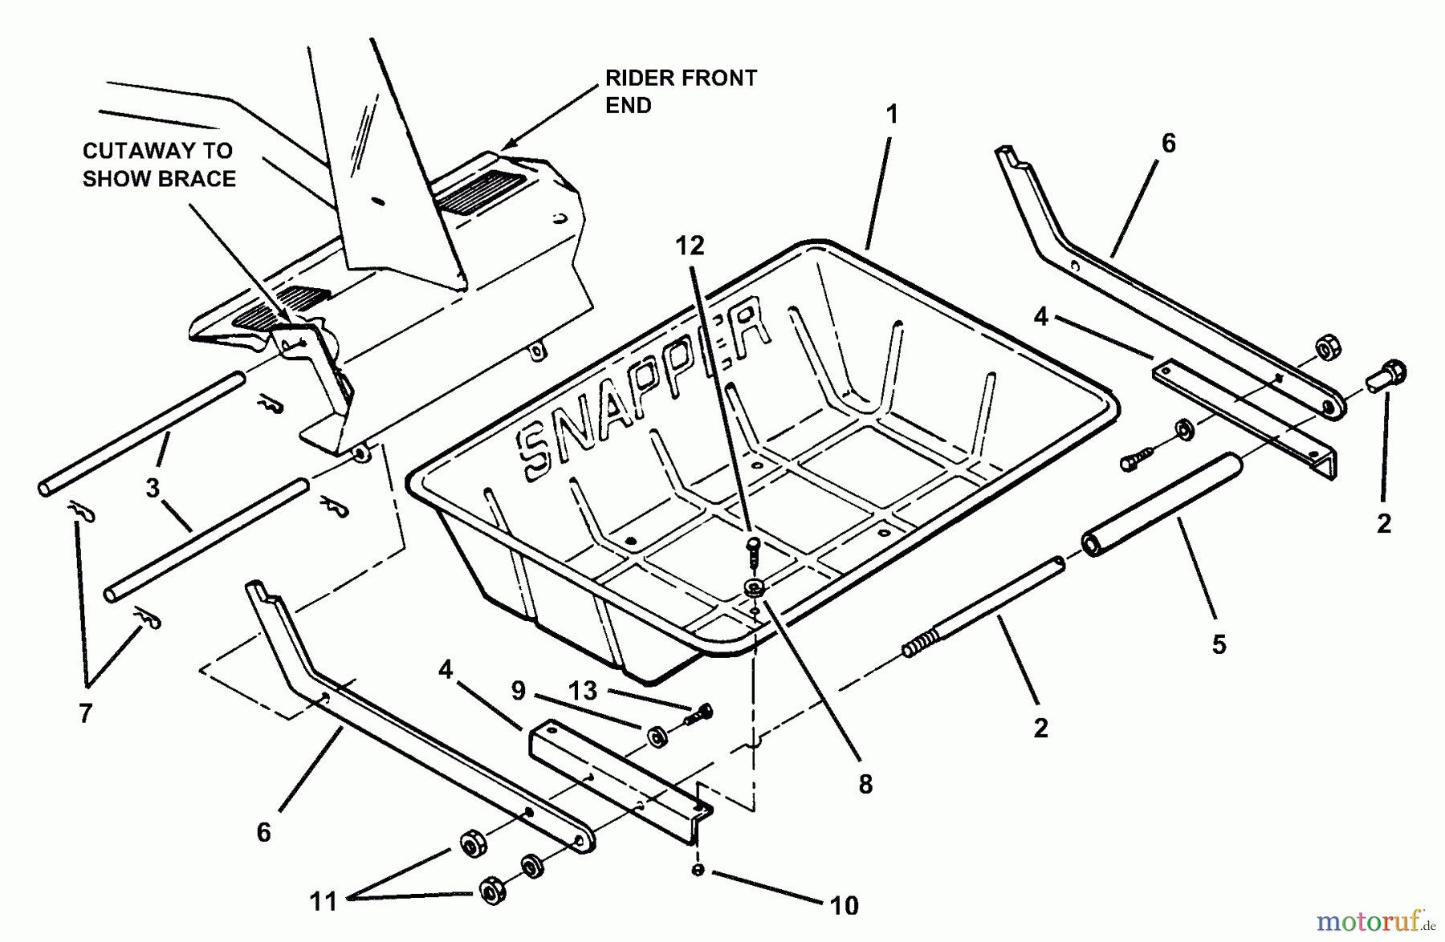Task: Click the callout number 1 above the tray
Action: coord(891,115)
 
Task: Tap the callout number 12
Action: coord(690,246)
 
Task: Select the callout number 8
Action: coord(865,784)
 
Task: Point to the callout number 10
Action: coord(844,906)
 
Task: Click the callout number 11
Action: coord(324,902)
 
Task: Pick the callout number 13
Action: coord(583,690)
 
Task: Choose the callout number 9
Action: coord(519,690)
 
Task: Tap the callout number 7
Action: coord(86,713)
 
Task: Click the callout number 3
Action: coord(153,488)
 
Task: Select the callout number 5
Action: coord(1219,644)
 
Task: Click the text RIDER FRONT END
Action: coord(680,91)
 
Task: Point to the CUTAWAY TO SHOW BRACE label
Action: coord(159,164)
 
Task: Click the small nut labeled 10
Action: coord(698,870)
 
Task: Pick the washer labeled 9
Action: coord(657,735)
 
